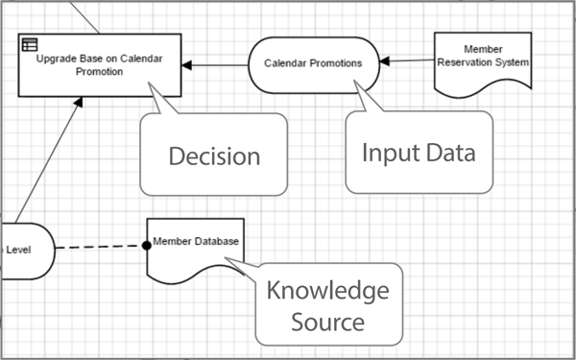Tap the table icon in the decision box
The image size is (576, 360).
click(31, 43)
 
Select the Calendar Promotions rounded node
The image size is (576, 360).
click(313, 63)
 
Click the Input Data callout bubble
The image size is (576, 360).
click(419, 151)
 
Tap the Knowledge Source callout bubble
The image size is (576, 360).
click(327, 304)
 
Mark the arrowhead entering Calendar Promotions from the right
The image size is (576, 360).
click(384, 61)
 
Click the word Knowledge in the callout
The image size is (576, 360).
click(327, 290)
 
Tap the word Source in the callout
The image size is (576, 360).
click(327, 322)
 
